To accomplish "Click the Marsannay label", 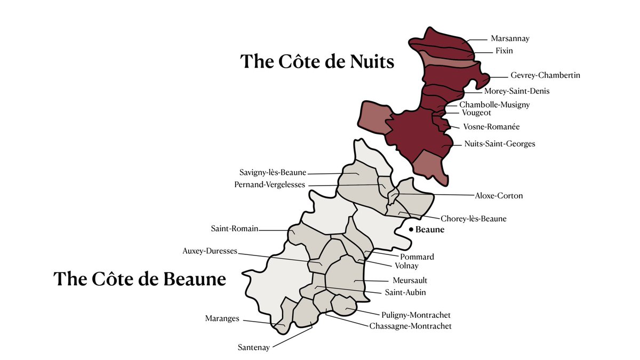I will (x=510, y=38).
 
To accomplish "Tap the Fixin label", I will (x=501, y=51).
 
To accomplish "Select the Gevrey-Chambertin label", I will (x=545, y=75).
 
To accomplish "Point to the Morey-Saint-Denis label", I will (x=517, y=91).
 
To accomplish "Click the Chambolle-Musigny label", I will (x=494, y=105).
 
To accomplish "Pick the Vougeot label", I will (x=476, y=113).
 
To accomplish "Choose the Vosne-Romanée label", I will (x=491, y=127).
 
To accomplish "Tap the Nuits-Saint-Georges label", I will (x=500, y=144).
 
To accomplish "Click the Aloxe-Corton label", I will (x=499, y=196).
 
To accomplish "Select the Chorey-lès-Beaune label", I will (x=474, y=219).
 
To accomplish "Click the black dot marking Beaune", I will (x=411, y=230).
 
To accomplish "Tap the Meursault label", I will (x=410, y=280).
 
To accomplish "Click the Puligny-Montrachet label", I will (x=416, y=315).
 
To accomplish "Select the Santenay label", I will (x=254, y=348).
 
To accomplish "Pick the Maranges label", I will (x=222, y=319).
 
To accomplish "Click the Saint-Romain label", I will (x=235, y=229).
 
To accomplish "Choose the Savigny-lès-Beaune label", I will (x=273, y=173).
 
